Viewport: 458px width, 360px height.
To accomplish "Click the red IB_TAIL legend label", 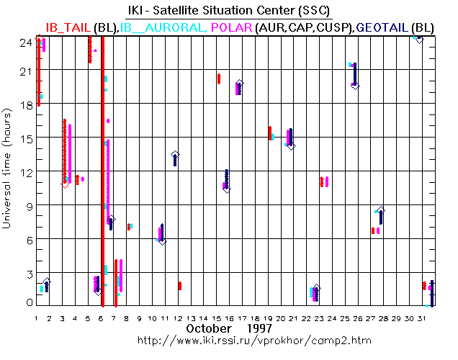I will (x=68, y=27).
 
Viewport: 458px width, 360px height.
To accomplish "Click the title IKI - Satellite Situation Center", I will (x=229, y=11).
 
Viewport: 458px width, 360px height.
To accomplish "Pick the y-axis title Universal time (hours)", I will (x=7, y=169).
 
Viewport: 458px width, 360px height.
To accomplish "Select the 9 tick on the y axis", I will (x=27, y=206).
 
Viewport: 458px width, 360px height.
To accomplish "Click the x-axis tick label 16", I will (x=228, y=318).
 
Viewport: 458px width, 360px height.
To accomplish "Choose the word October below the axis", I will (x=208, y=328).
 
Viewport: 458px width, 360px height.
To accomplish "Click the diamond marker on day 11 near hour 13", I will (x=175, y=155).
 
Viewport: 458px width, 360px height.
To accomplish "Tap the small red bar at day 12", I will (x=179, y=286).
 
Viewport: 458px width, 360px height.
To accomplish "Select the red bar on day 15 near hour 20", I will (x=218, y=78).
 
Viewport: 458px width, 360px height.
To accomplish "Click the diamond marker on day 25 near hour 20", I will (x=354, y=85).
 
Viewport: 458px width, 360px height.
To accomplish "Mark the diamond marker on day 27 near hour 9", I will (x=381, y=210).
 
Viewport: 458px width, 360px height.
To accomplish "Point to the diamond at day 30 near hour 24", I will (x=419, y=40).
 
